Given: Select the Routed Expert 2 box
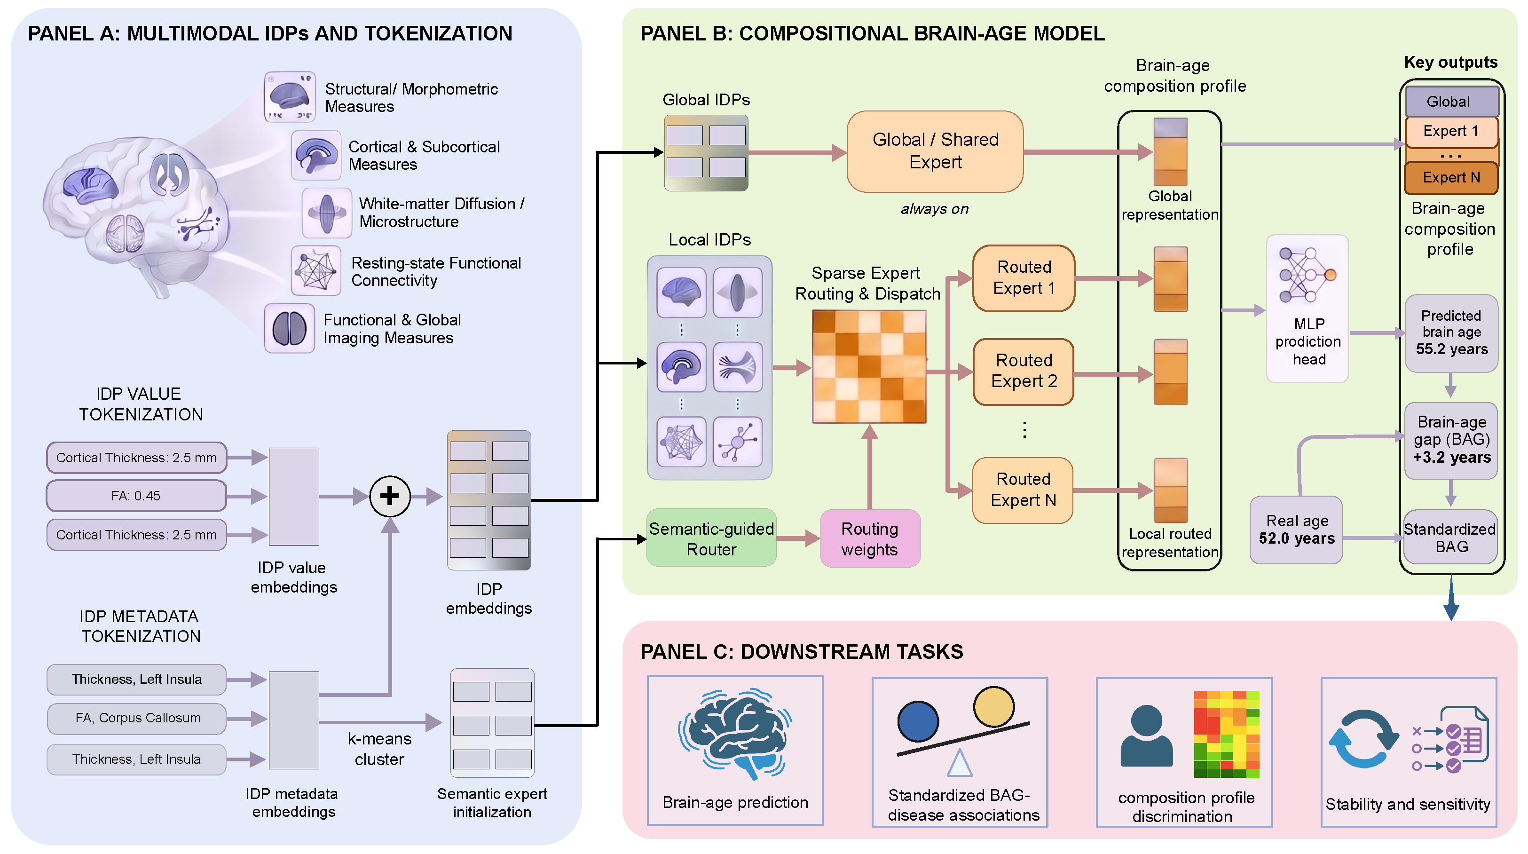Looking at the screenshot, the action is pos(1024,372).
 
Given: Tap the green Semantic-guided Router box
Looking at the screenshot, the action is pos(711,538).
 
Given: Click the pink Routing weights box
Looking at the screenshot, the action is pos(870,538).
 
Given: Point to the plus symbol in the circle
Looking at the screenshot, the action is pos(390,496).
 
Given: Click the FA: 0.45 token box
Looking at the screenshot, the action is pos(136,496).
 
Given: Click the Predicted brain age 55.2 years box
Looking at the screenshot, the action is pos(1451,333).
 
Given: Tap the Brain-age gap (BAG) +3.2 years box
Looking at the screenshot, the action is pos(1451,440).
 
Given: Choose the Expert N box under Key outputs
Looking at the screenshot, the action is pos(1451,177).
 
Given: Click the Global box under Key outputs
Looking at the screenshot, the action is pos(1451,102).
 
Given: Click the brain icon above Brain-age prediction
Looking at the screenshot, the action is pos(735,734).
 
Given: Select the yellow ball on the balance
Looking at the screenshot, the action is pos(993,707).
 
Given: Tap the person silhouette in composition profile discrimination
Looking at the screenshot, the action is pos(1146,736).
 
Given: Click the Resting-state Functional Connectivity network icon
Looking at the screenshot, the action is pos(316,270).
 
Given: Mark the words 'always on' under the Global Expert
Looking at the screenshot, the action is pos(934,209).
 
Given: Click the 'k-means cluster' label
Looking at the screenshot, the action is pos(379,749).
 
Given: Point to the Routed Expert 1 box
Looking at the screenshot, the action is pos(1024,278).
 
